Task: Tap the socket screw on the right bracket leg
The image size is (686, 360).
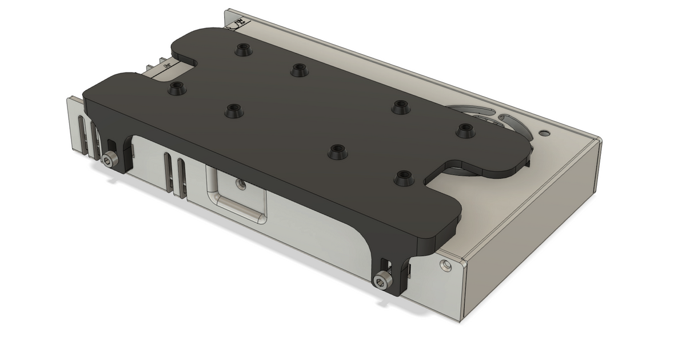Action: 380,281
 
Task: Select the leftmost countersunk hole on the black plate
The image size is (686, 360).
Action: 177,89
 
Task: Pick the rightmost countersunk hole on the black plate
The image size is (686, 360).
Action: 465,131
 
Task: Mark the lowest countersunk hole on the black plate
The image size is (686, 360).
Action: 404,178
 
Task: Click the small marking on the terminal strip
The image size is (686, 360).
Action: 166,66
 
